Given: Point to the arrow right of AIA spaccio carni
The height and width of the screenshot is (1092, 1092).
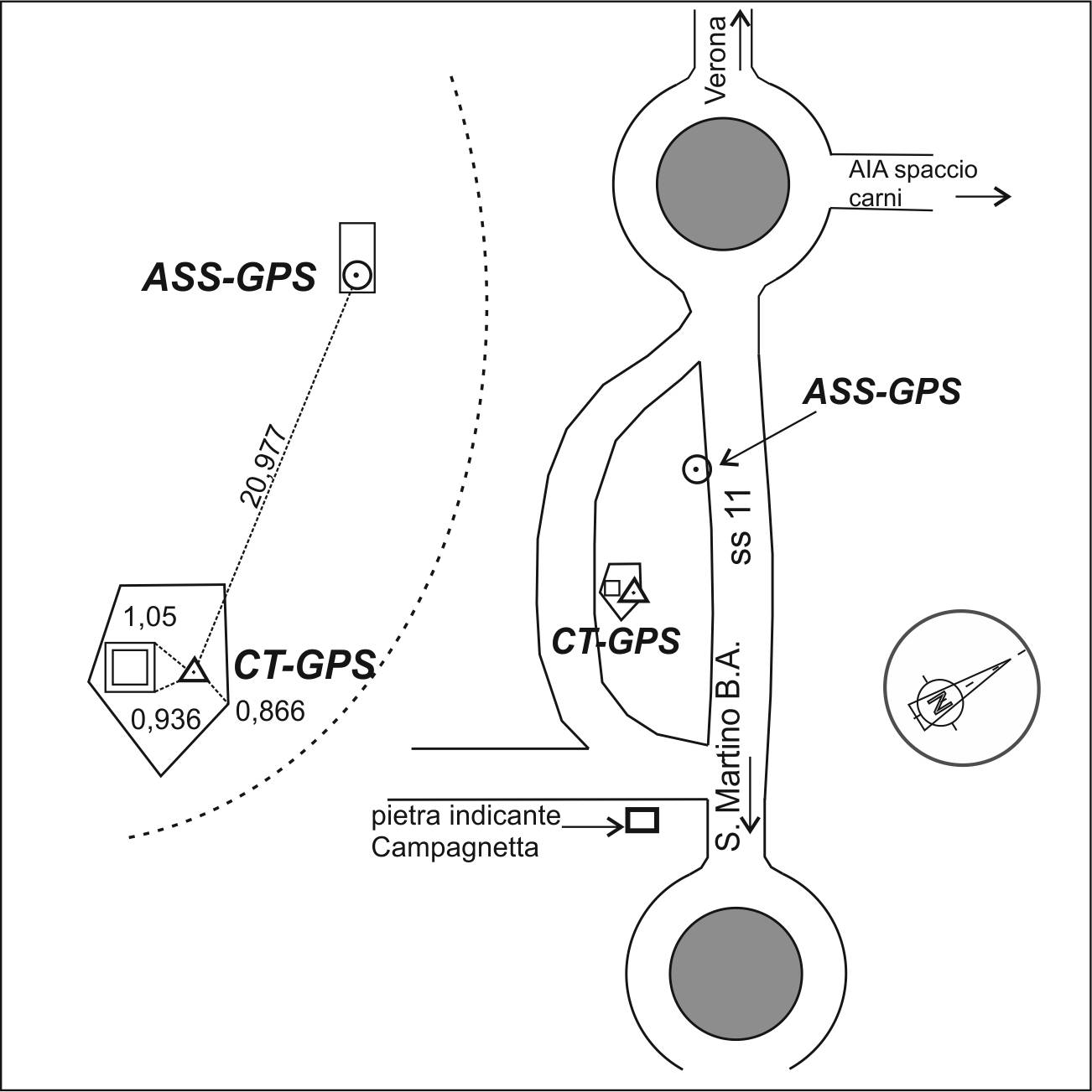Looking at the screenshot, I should pos(983,197).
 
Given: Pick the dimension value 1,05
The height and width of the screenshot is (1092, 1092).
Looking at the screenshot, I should pos(151,618).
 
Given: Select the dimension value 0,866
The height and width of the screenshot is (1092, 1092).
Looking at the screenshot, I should pos(269,711).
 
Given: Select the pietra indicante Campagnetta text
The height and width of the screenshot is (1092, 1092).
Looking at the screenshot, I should pos(465,831).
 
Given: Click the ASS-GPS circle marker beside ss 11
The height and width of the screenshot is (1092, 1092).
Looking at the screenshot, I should pos(697,470).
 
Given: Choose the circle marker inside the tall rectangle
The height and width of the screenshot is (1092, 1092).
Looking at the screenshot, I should pos(357,274).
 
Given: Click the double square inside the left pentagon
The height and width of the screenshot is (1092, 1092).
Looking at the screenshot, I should pos(130,668).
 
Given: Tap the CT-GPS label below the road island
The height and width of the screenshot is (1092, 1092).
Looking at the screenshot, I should pos(616,642).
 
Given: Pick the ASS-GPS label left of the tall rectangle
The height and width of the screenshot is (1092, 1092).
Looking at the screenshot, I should pos(229,277).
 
